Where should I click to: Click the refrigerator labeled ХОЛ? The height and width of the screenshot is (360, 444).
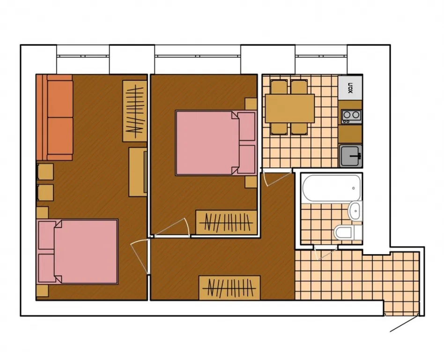[x=350, y=87]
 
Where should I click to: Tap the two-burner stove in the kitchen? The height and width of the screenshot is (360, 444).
[x=351, y=117]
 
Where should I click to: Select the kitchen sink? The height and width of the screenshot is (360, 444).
[x=351, y=156]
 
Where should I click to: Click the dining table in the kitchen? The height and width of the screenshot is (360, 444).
[x=289, y=109]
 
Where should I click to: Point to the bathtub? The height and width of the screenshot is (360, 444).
[x=332, y=188]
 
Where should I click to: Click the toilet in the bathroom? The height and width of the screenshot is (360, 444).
[x=348, y=232]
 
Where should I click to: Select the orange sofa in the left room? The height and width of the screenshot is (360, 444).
[x=55, y=117]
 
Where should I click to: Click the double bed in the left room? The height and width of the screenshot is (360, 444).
[x=78, y=251]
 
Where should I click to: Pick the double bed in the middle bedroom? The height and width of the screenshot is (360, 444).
[x=215, y=143]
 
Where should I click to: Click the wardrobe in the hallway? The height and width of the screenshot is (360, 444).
[x=229, y=288]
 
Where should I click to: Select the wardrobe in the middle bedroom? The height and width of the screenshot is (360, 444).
[x=226, y=223]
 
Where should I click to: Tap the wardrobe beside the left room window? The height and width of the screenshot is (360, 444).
[x=135, y=111]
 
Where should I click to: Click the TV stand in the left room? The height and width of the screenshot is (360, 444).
[x=138, y=172]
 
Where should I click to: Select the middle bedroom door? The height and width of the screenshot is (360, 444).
[x=172, y=227]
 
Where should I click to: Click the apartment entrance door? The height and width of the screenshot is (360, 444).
[x=404, y=323]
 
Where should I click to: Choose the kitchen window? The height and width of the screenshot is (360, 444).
[x=321, y=56]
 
